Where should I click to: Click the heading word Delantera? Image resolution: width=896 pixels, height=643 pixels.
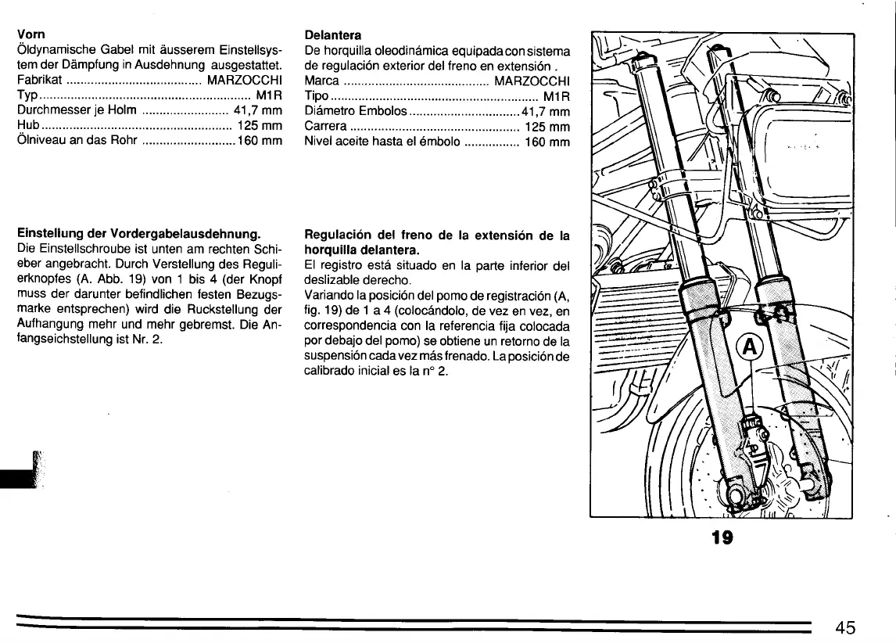(332, 35)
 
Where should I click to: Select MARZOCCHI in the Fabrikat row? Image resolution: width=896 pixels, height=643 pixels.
(244, 80)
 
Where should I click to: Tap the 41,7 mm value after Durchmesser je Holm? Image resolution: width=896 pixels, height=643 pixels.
(257, 110)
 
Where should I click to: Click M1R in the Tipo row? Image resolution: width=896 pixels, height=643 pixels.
(556, 95)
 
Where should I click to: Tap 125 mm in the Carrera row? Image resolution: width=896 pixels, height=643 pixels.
(547, 127)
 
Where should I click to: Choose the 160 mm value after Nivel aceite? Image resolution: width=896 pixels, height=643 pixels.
(547, 142)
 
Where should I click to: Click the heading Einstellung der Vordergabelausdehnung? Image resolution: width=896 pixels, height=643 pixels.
(138, 234)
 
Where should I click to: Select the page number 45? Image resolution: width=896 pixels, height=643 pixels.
(844, 627)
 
